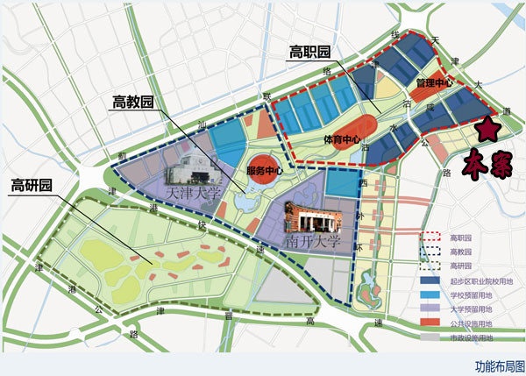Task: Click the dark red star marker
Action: [488, 130]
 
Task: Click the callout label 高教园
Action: [133, 102]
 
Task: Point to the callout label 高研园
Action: [32, 185]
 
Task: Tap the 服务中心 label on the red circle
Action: [264, 170]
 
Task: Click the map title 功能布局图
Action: [499, 365]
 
